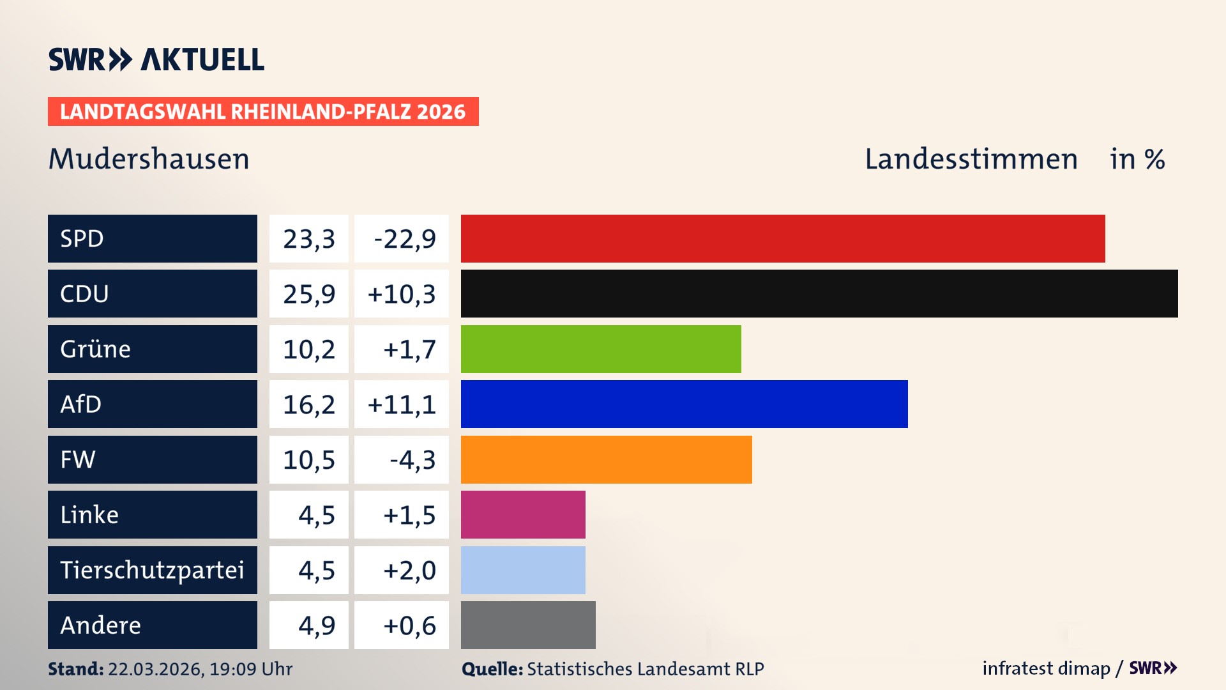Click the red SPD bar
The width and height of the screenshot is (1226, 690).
(x=782, y=238)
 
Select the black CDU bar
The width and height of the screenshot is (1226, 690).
(x=819, y=293)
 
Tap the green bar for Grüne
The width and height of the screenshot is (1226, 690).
(x=600, y=349)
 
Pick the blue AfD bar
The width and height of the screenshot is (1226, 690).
(x=683, y=404)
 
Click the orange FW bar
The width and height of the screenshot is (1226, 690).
(x=606, y=459)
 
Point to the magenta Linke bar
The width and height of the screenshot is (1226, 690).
(x=522, y=514)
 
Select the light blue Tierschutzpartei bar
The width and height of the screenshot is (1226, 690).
(x=522, y=570)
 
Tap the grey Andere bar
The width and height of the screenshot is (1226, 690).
(x=527, y=625)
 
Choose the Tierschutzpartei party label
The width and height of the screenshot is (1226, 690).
(x=152, y=570)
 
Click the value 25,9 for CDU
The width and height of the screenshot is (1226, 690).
(x=309, y=294)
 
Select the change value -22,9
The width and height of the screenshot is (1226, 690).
(x=404, y=239)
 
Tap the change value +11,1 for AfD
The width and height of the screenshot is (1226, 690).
(x=402, y=404)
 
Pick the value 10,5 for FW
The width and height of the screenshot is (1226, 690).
(x=309, y=460)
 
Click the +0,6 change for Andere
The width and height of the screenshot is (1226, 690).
(x=409, y=625)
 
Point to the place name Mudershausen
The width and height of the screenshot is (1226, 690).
(x=149, y=159)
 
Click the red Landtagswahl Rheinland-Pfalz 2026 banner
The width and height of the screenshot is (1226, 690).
(x=262, y=112)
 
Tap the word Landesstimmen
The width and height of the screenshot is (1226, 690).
(x=971, y=159)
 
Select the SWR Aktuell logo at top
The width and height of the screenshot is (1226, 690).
(x=156, y=59)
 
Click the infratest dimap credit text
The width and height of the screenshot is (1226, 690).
(x=1045, y=668)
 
